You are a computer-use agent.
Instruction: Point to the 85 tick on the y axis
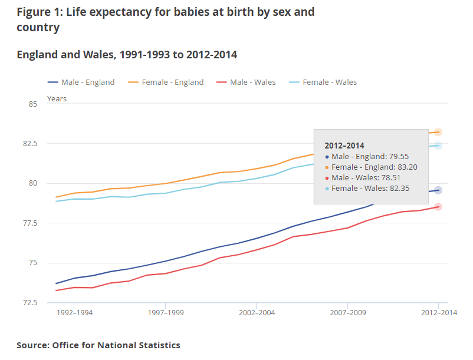click(33, 104)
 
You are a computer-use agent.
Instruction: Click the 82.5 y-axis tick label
click(29, 144)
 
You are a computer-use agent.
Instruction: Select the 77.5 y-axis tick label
click(29, 223)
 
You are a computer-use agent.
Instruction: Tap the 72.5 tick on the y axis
click(29, 303)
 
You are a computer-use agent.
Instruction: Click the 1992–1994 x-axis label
click(75, 313)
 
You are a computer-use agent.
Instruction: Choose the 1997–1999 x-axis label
click(166, 313)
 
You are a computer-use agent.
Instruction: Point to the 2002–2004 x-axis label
click(257, 313)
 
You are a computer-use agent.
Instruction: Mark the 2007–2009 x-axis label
click(347, 313)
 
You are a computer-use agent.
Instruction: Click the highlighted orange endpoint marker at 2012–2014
click(438, 132)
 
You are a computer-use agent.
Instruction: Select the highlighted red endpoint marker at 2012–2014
click(438, 207)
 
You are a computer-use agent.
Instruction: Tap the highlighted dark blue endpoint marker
click(438, 190)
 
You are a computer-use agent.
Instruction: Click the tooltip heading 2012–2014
click(344, 146)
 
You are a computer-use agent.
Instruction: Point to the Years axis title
click(57, 98)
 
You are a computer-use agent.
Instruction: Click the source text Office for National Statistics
click(116, 345)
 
